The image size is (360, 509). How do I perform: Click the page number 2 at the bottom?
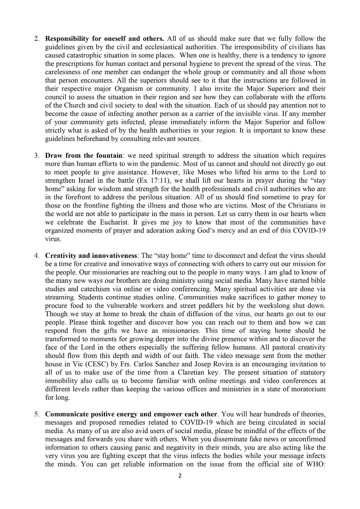click(180, 476)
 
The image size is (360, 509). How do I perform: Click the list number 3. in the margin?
click(37, 155)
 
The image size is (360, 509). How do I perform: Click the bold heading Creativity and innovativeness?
click(91, 256)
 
